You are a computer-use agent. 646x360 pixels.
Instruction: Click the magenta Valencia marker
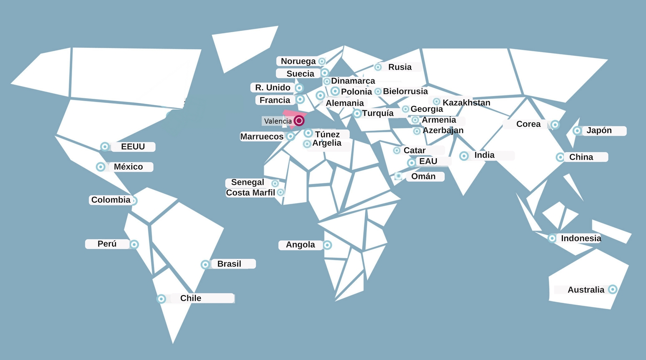pos(299,121)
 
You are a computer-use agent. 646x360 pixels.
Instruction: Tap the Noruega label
pos(298,61)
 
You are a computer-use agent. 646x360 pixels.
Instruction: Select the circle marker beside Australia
pos(613,289)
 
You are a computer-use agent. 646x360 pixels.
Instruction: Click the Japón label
pos(599,131)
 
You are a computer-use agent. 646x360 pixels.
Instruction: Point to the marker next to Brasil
pos(205,265)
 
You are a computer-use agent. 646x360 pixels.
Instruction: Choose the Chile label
pos(191,298)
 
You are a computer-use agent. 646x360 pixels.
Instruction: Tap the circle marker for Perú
pos(134,244)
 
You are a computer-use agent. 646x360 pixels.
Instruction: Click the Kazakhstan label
pos(466,103)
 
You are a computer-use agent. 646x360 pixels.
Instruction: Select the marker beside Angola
pos(327,245)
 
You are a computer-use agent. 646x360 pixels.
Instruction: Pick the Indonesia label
pos(581,238)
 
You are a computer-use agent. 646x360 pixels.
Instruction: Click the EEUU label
pos(133,147)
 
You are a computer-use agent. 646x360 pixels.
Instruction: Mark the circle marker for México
pos(100,167)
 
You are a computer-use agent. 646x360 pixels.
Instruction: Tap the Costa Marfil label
pos(250,193)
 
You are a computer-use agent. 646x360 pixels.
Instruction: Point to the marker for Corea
pos(555,124)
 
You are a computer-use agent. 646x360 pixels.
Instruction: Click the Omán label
pos(423,176)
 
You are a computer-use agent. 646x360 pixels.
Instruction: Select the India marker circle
pos(464,156)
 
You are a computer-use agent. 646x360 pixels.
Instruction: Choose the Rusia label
pos(400,67)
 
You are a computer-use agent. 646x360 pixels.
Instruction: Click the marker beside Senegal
pos(275,183)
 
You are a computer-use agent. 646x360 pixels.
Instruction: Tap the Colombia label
pos(111,200)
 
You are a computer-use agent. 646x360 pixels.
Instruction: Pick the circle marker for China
pos(560,157)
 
